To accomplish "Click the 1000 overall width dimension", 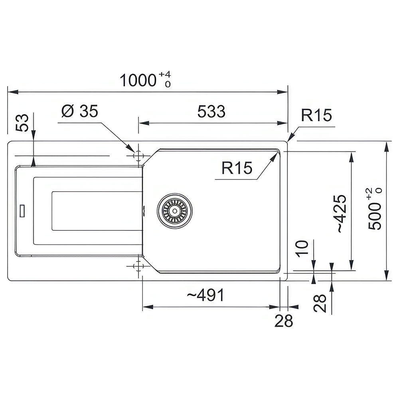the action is tap(138, 81).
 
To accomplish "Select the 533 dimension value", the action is tap(211, 111).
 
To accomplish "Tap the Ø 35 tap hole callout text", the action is tap(80, 111).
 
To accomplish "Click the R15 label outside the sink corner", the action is tap(316, 115).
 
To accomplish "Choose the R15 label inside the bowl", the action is tap(237, 168).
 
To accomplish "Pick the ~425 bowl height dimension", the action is tap(342, 213).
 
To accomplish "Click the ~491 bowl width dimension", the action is tap(205, 295).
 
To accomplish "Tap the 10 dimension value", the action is tap(302, 249).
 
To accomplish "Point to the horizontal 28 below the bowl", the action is tap(283, 321).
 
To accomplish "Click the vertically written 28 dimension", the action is tap(320, 303).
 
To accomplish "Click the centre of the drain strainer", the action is tap(175, 211).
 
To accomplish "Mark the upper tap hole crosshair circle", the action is tap(138, 155).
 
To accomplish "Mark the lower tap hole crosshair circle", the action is tap(138, 266).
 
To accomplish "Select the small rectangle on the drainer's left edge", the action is tap(22, 211).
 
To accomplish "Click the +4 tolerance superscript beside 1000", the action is tap(165, 75).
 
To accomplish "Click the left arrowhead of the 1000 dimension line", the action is tap(13, 92).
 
